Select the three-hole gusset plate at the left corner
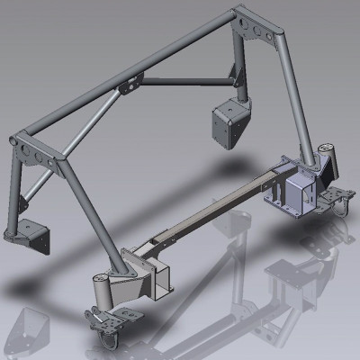pyautogui.click(x=27, y=149)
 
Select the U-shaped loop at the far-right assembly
pyautogui.click(x=342, y=208)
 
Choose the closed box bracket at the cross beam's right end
pyautogui.click(x=297, y=193)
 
